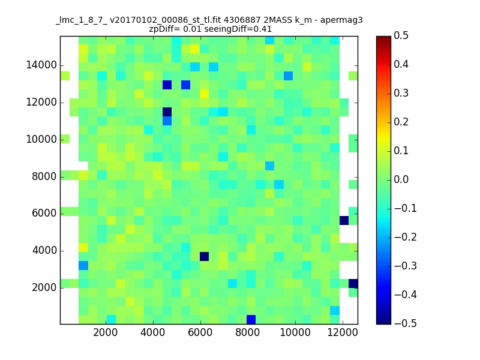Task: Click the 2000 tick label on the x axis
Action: coord(106,332)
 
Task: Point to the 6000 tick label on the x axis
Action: coord(200,332)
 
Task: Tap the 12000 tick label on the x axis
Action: coord(343,332)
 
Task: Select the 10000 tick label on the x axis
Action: coord(295,332)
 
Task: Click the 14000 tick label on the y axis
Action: coord(41,65)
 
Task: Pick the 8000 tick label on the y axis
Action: coord(44,176)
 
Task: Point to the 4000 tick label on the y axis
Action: coord(44,250)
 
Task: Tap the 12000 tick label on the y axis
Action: coord(41,102)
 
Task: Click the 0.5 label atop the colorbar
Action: coord(401,35)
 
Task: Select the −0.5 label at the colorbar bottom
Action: coord(406,323)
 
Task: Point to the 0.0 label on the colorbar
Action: coord(401,179)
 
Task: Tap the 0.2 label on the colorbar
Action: coord(401,122)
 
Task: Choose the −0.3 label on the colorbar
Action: coord(406,266)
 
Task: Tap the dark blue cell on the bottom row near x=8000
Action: coord(251,320)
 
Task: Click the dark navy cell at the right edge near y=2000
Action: coord(353,283)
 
